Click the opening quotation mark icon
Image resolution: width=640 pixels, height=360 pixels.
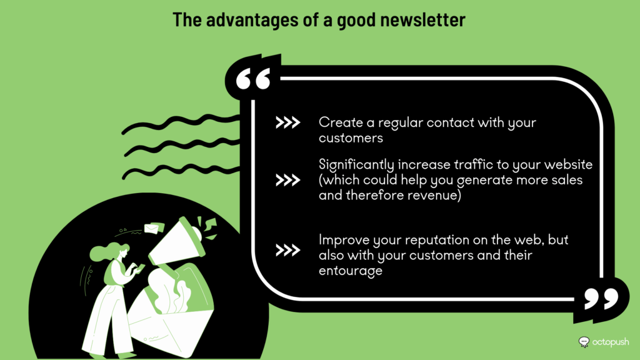253,78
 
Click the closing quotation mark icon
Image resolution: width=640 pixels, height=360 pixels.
601,298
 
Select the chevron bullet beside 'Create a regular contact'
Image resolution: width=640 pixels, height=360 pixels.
287,122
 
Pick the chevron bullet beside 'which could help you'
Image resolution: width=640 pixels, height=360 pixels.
287,180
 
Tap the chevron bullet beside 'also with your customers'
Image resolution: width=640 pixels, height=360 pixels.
287,250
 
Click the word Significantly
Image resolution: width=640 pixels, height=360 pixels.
356,165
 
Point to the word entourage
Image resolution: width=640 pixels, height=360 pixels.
351,271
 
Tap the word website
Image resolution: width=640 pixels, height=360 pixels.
568,164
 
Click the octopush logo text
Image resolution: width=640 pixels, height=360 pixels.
611,342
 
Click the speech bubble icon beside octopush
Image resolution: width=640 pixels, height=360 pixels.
584,342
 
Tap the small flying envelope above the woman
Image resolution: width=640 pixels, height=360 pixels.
154,229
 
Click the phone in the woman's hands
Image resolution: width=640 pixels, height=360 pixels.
140,267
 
